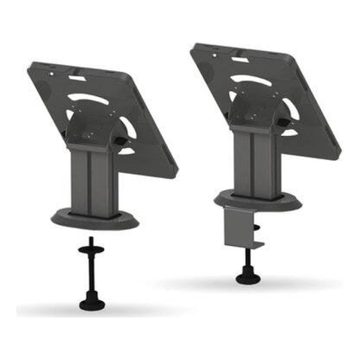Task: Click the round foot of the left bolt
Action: (x=88, y=303)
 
